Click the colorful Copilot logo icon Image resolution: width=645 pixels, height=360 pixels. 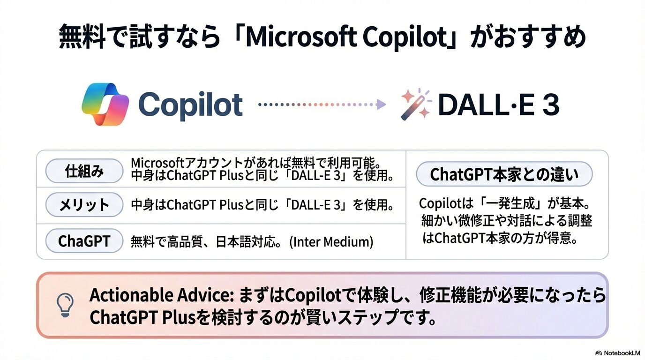click(x=105, y=104)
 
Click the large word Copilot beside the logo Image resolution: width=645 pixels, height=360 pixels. click(x=190, y=105)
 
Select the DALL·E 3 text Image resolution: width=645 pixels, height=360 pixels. click(x=498, y=105)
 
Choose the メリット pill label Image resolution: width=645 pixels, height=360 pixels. click(x=84, y=205)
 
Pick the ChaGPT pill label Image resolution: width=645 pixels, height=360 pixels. click(x=84, y=241)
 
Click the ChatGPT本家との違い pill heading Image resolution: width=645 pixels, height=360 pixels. click(x=504, y=175)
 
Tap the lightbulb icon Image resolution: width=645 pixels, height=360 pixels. click(x=65, y=305)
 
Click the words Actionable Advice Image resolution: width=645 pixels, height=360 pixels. click(x=161, y=296)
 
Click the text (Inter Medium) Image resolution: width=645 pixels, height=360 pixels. click(x=331, y=242)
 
